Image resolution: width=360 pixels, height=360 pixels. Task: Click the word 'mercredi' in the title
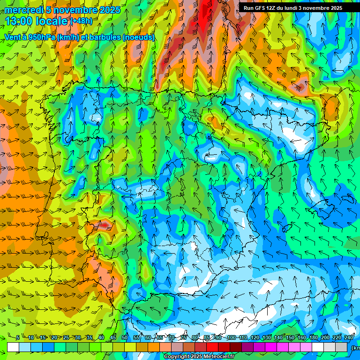23,10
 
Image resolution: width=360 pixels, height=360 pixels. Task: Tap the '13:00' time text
18,21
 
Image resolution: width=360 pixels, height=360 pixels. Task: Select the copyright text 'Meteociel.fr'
217,357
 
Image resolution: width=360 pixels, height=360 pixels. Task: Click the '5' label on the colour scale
18,338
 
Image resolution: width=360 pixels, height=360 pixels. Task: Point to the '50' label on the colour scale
124,338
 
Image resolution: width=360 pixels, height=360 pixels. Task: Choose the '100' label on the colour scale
231,338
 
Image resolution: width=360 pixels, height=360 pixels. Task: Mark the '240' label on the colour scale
349,338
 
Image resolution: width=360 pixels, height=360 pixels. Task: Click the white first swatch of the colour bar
13,347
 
